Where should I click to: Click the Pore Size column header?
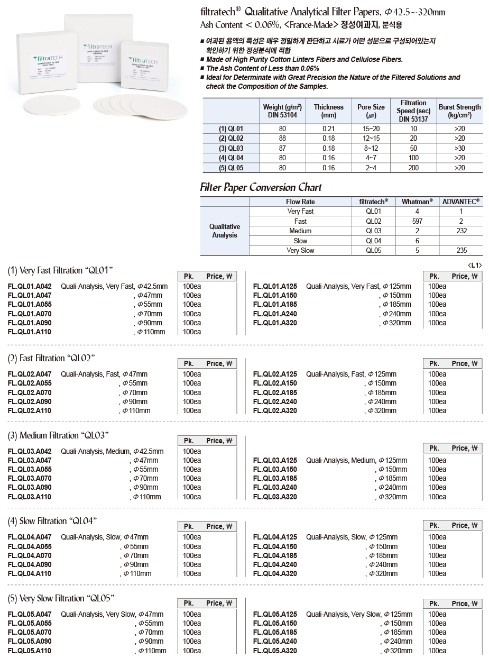point(371,111)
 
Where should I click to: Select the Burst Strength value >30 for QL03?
point(459,148)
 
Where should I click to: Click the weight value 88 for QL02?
point(283,138)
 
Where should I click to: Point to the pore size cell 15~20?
point(371,129)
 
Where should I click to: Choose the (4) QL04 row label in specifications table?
point(230,158)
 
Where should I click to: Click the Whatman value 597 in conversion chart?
point(417,221)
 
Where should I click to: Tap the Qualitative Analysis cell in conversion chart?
point(225,231)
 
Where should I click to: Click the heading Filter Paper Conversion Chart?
point(261,187)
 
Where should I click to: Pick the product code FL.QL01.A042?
point(30,286)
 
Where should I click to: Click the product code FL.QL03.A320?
point(275,497)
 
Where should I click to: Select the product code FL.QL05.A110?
point(30,651)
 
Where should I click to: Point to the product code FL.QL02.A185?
point(275,392)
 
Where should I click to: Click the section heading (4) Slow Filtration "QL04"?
point(52,521)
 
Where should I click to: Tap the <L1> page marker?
point(474,266)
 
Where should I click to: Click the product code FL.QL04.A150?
point(275,546)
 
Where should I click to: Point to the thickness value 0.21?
point(328,129)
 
